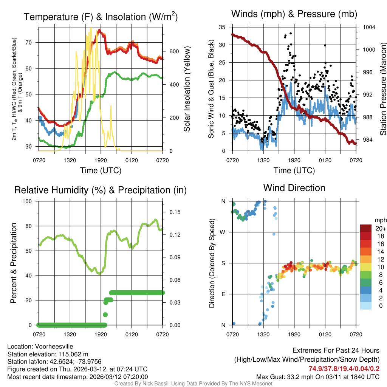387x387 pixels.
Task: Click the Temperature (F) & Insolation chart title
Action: [x=101, y=17]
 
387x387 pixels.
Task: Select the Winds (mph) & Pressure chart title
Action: [x=294, y=14]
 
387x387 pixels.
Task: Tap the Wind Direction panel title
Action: [x=294, y=187]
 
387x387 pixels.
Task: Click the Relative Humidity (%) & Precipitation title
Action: [x=101, y=190]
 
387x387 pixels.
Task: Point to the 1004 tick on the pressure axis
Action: [x=368, y=27]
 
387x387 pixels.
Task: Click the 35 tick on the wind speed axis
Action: [x=222, y=27]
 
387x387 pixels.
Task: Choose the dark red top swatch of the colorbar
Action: [x=366, y=228]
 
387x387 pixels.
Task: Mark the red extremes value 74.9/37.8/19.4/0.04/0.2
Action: [x=344, y=368]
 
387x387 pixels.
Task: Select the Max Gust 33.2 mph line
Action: [x=318, y=376]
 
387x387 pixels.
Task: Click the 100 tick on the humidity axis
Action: [x=29, y=201]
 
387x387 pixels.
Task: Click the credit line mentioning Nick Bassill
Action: [x=193, y=384]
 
